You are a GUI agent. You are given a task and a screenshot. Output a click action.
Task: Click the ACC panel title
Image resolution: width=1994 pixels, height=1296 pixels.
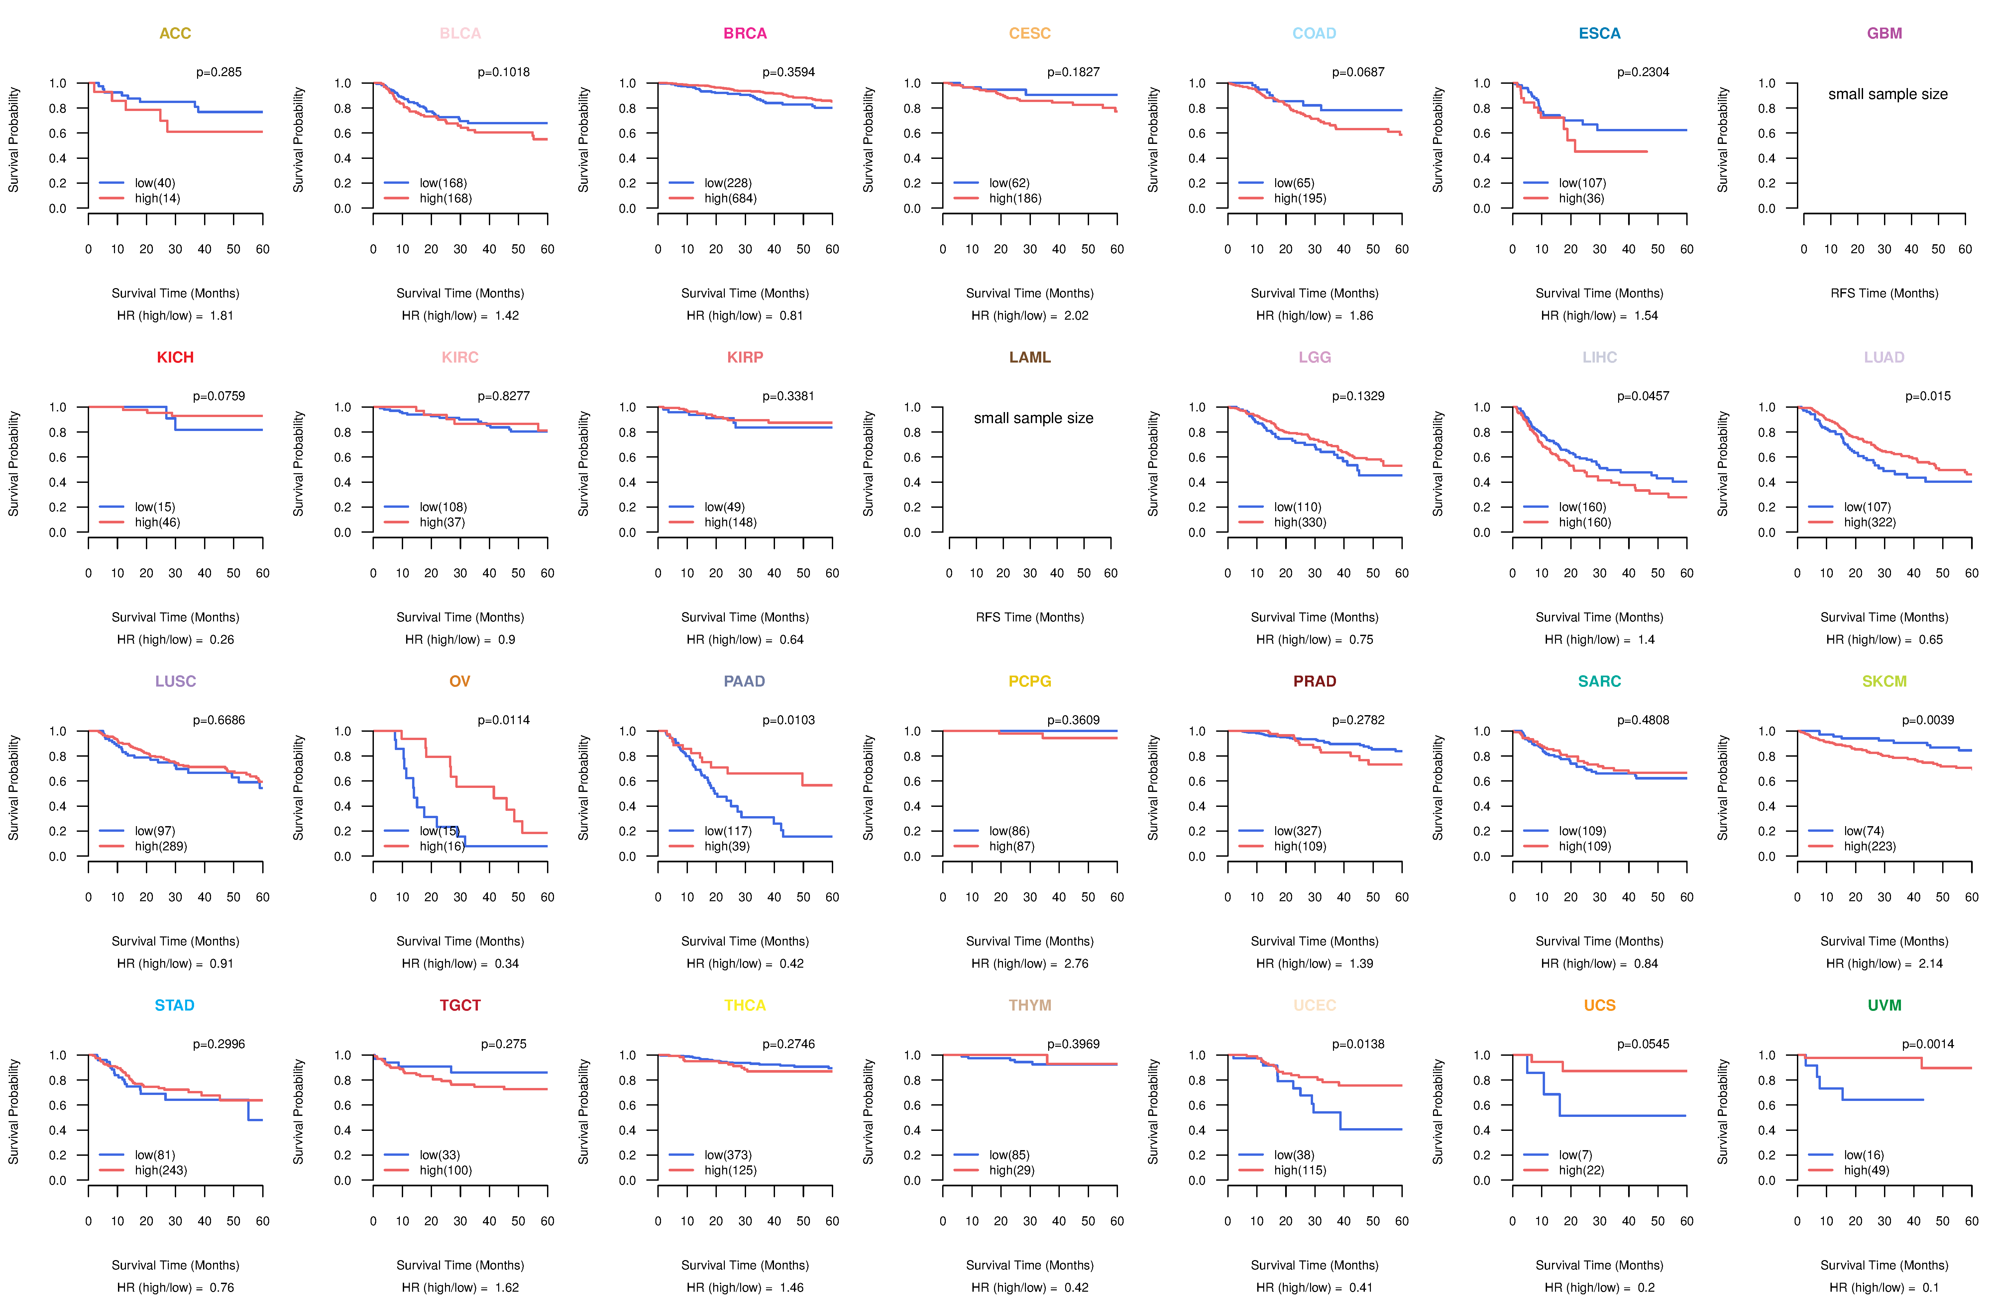click(175, 34)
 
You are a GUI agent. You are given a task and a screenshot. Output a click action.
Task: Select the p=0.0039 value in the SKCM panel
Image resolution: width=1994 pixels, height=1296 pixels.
click(1928, 720)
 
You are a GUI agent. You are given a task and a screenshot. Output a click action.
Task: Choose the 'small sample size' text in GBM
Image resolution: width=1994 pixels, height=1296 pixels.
click(1888, 94)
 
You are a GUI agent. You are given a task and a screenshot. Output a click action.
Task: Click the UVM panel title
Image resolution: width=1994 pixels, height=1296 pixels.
click(1884, 1005)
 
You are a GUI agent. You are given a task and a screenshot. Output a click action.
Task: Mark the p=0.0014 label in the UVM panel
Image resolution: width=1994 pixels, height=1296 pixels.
click(1928, 1045)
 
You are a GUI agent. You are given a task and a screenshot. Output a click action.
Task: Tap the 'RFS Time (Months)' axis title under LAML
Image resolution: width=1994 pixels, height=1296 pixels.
click(1030, 617)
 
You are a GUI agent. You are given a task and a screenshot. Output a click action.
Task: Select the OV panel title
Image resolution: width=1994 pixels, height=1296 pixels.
click(460, 681)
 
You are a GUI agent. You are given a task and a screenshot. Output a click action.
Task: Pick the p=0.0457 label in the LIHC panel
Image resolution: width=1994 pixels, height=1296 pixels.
click(1643, 396)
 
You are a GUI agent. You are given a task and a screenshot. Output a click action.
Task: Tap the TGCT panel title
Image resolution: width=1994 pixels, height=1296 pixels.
click(460, 1005)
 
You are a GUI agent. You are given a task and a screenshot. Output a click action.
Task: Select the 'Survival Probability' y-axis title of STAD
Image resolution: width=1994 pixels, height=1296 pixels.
click(13, 1112)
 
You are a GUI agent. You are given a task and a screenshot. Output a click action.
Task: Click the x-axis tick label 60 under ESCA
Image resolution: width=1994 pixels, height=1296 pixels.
click(1687, 249)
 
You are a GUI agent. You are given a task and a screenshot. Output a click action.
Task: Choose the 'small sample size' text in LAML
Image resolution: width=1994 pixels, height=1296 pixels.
click(1033, 418)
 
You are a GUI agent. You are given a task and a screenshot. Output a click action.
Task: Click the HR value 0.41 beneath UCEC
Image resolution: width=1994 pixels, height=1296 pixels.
click(1361, 1288)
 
